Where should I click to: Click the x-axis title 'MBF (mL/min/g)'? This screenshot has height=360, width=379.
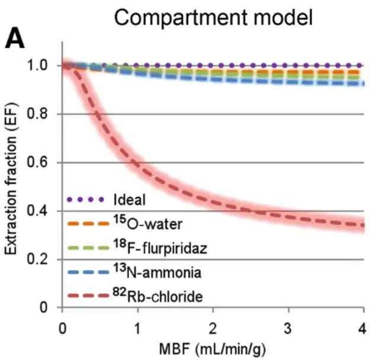coord(213,346)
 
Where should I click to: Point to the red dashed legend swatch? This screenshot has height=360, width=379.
coord(86,297)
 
